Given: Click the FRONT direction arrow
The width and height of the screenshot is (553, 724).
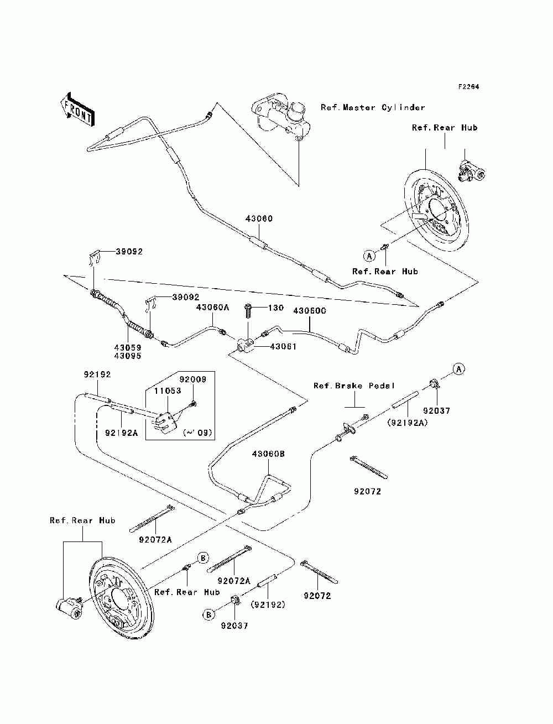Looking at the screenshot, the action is pyautogui.click(x=78, y=109).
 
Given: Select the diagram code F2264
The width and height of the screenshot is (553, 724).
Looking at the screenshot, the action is pyautogui.click(x=468, y=87).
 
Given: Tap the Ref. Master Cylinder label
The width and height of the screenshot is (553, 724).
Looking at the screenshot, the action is pyautogui.click(x=373, y=107).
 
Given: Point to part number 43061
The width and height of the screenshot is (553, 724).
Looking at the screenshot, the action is pyautogui.click(x=283, y=346).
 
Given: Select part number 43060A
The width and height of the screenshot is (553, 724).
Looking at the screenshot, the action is pyautogui.click(x=213, y=308).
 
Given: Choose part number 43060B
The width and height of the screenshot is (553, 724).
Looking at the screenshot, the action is pyautogui.click(x=268, y=454).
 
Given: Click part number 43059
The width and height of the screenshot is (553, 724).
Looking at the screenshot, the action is pyautogui.click(x=128, y=348).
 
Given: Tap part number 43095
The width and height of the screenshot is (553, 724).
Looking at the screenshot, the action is pyautogui.click(x=128, y=356).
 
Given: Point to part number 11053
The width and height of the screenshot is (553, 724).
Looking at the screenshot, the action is pyautogui.click(x=168, y=391).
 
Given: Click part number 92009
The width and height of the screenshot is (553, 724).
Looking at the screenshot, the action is pyautogui.click(x=193, y=379).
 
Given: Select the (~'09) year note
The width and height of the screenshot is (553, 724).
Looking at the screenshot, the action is pyautogui.click(x=197, y=433).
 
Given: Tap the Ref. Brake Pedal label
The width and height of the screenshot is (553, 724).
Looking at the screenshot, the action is pyautogui.click(x=354, y=386).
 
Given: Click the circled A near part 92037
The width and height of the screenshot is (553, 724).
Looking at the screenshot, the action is pyautogui.click(x=458, y=369).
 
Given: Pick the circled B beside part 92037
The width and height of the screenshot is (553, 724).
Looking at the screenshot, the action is pyautogui.click(x=208, y=615).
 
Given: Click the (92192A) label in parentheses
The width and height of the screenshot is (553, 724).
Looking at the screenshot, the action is pyautogui.click(x=408, y=423).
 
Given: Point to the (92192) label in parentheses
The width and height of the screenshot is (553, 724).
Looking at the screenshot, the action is pyautogui.click(x=268, y=605).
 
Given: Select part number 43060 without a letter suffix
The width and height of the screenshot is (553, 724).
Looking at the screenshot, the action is pyautogui.click(x=259, y=218).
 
